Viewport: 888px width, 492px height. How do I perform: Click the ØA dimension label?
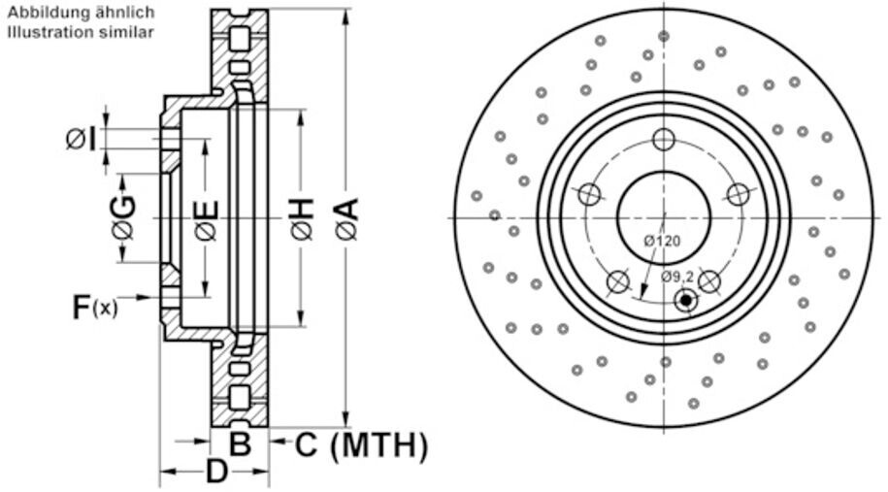tap(347, 218)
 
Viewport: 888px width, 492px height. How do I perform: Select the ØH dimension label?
tap(302, 218)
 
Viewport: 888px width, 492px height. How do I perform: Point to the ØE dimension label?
tap(206, 219)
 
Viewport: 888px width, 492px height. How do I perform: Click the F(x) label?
tap(95, 308)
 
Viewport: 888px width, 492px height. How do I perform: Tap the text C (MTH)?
tap(360, 446)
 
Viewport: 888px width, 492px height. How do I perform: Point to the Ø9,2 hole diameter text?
tap(677, 277)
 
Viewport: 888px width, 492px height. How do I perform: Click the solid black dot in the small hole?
tap(686, 301)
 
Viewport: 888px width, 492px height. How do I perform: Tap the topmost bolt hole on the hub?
tap(663, 140)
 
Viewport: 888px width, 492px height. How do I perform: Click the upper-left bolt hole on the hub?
tap(589, 195)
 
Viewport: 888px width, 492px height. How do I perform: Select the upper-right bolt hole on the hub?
tap(738, 195)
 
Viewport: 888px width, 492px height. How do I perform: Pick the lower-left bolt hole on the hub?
tap(617, 281)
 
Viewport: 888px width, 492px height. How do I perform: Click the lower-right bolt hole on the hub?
tap(709, 281)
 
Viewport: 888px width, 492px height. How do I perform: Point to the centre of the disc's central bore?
tap(663, 217)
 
